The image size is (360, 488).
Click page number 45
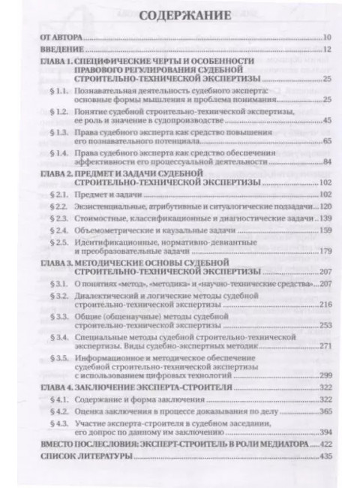coord(326,121)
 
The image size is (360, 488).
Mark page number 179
coord(325,252)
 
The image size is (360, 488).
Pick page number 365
coord(325,413)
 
